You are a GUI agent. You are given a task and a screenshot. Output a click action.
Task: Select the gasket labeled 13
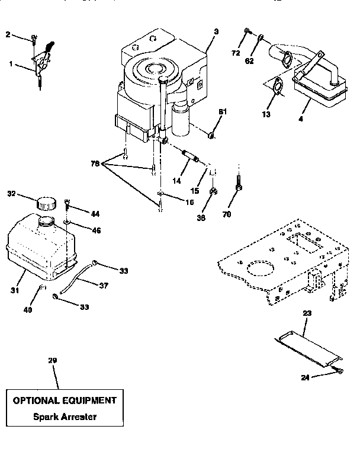(276, 86)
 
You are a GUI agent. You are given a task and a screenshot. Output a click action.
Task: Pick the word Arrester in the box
(78, 416)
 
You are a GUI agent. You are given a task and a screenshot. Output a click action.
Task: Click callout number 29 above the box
(53, 360)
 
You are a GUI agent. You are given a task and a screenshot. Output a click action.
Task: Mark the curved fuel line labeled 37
(78, 275)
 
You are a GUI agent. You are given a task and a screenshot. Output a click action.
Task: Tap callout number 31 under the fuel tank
(14, 290)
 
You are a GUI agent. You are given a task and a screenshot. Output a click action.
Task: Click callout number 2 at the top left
(8, 35)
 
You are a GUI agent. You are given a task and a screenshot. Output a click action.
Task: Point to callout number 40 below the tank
(28, 309)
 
